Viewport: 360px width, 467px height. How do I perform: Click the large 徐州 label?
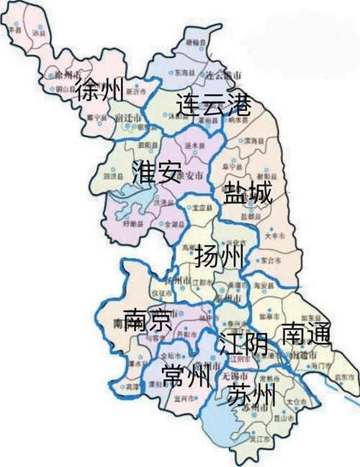coord(99,89)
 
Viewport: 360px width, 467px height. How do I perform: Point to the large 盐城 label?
coord(248,194)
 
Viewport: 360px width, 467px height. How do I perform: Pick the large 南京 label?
coord(147,319)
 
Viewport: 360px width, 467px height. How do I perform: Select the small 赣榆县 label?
coord(194,43)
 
